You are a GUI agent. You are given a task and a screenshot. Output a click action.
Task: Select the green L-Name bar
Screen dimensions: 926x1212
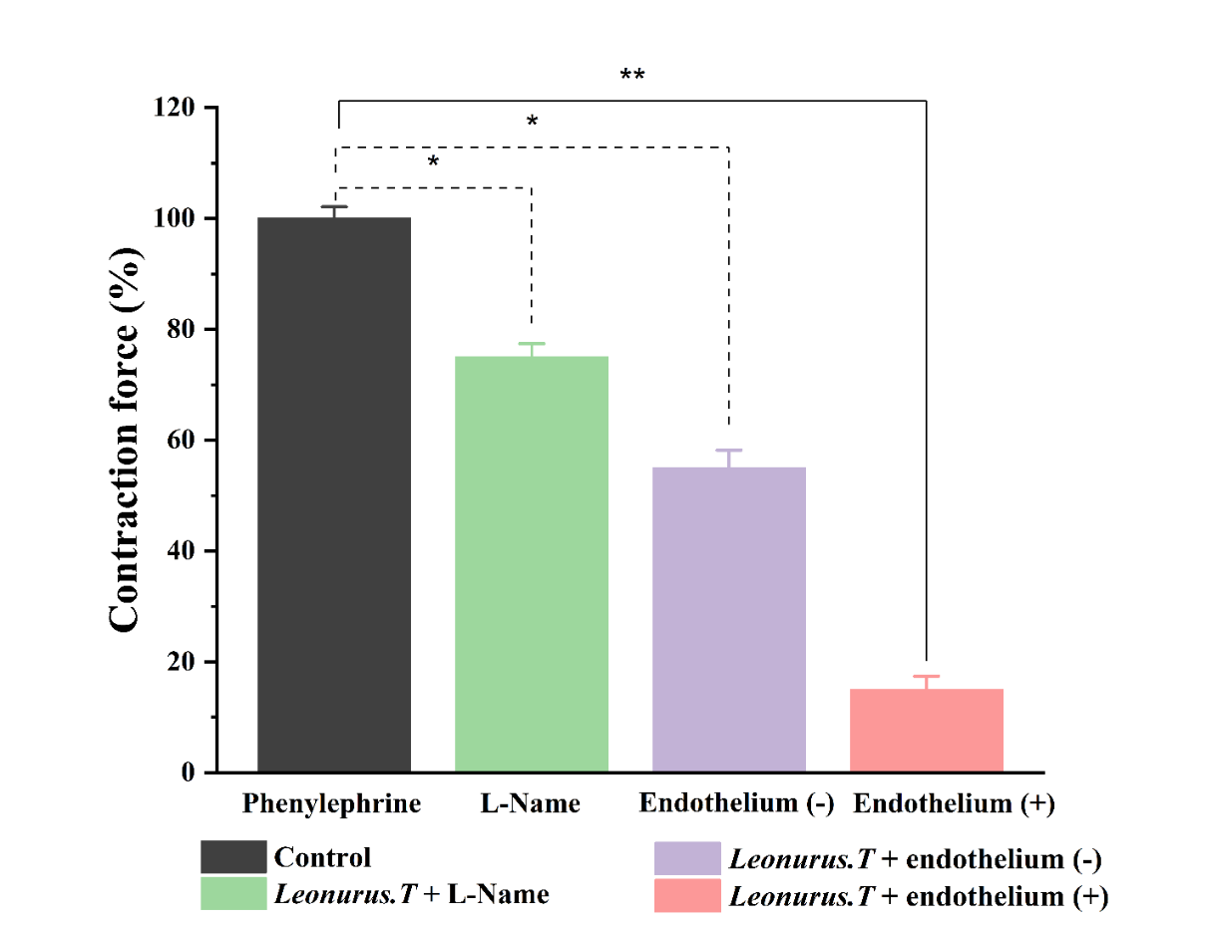(x=532, y=564)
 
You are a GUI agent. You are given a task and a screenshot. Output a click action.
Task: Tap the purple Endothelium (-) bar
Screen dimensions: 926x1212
(x=729, y=619)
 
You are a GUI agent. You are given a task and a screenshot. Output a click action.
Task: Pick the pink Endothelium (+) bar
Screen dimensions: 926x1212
(x=927, y=731)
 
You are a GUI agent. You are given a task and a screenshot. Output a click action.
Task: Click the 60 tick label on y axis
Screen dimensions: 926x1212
(x=180, y=441)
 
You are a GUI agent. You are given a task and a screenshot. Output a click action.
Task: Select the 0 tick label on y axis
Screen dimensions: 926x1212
(x=188, y=773)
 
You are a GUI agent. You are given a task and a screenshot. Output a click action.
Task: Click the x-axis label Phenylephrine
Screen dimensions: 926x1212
(x=332, y=804)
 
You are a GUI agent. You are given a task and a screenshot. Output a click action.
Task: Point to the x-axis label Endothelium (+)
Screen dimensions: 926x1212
(x=955, y=804)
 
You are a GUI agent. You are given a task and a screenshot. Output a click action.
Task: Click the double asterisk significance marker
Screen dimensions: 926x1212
(x=632, y=77)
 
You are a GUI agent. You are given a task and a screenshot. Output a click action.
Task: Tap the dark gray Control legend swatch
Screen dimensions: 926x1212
(x=233, y=857)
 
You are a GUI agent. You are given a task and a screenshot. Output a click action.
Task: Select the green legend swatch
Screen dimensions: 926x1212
(x=233, y=894)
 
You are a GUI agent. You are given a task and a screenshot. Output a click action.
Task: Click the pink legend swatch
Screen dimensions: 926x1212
(x=687, y=895)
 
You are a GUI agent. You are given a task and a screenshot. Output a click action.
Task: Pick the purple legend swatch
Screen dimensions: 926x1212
(x=687, y=858)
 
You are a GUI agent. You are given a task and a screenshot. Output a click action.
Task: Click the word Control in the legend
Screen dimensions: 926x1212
(x=322, y=857)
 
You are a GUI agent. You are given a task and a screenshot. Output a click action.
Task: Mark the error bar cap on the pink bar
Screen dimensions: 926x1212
(x=927, y=676)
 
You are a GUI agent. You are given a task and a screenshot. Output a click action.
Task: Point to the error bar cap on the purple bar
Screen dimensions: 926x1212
(x=729, y=451)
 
